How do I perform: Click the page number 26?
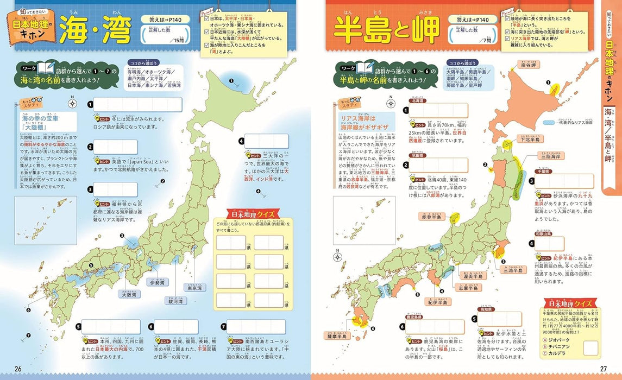(18, 369)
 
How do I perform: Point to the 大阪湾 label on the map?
(129, 295)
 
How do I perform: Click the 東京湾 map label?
(195, 288)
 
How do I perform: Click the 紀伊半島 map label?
(437, 302)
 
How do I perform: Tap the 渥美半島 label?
(470, 277)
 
